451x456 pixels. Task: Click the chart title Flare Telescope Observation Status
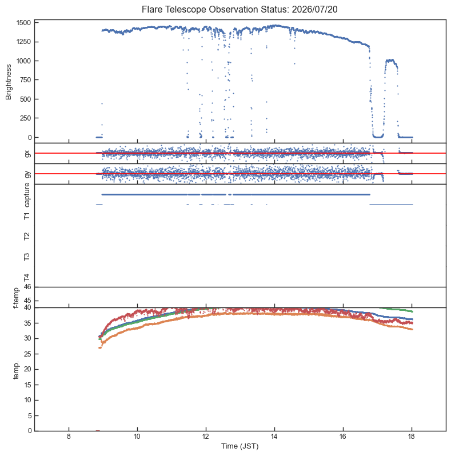coord(215,10)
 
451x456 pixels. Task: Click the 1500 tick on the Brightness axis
coord(24,23)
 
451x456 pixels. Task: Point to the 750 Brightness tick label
coord(26,79)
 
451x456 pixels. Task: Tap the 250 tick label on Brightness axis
coord(26,118)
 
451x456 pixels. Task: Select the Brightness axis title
coord(9,82)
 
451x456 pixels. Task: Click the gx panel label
coord(27,154)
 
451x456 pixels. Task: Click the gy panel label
coord(27,174)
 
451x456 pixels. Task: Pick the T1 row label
coord(27,216)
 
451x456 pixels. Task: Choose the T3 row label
coord(27,257)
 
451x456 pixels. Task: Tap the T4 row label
coord(27,278)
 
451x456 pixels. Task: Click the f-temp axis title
coord(16,298)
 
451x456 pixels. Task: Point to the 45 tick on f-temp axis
coord(27,301)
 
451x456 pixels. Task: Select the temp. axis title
coord(16,370)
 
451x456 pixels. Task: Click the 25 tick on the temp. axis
coord(27,354)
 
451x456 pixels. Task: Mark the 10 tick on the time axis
coord(137,437)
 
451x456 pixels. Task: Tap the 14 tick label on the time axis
coord(274,437)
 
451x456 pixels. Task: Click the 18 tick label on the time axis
coord(412,437)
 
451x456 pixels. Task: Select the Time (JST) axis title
coord(240,446)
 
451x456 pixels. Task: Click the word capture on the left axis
coord(27,195)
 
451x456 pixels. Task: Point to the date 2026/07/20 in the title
coord(314,10)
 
